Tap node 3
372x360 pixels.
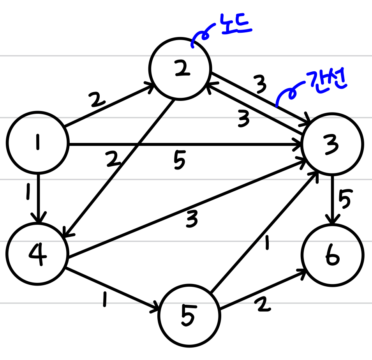[333, 144]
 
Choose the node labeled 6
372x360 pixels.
[333, 255]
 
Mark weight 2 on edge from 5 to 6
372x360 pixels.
[263, 305]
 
